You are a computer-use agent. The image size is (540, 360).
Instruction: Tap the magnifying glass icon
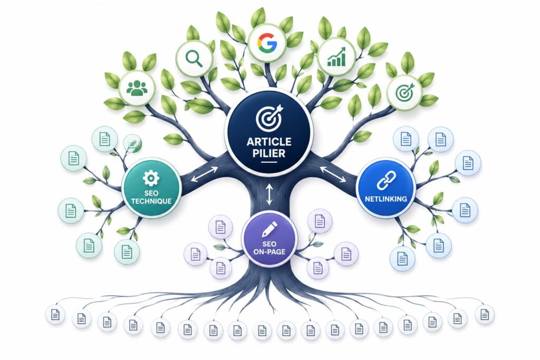pyautogui.click(x=194, y=59)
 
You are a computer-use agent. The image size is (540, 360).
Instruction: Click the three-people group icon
pyautogui.click(x=137, y=88)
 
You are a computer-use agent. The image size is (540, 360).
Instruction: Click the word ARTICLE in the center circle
pyautogui.click(x=269, y=141)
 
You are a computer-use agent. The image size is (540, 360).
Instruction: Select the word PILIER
pyautogui.click(x=269, y=153)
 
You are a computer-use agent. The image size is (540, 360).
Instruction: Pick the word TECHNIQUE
pyautogui.click(x=151, y=201)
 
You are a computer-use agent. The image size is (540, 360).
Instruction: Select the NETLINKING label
pyautogui.click(x=386, y=199)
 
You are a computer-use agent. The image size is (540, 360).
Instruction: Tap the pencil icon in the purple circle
pyautogui.click(x=269, y=229)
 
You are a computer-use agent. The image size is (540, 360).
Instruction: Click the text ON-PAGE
pyautogui.click(x=269, y=251)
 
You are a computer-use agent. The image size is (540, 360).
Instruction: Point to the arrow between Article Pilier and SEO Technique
pyautogui.click(x=204, y=174)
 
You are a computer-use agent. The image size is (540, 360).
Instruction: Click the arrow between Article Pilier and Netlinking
pyautogui.click(x=333, y=174)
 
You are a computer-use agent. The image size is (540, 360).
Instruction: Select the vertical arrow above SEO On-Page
pyautogui.click(x=269, y=194)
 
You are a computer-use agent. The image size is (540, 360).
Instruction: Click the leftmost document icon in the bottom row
pyautogui.click(x=55, y=315)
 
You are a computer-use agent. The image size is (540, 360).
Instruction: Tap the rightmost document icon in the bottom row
pyautogui.click(x=485, y=314)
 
